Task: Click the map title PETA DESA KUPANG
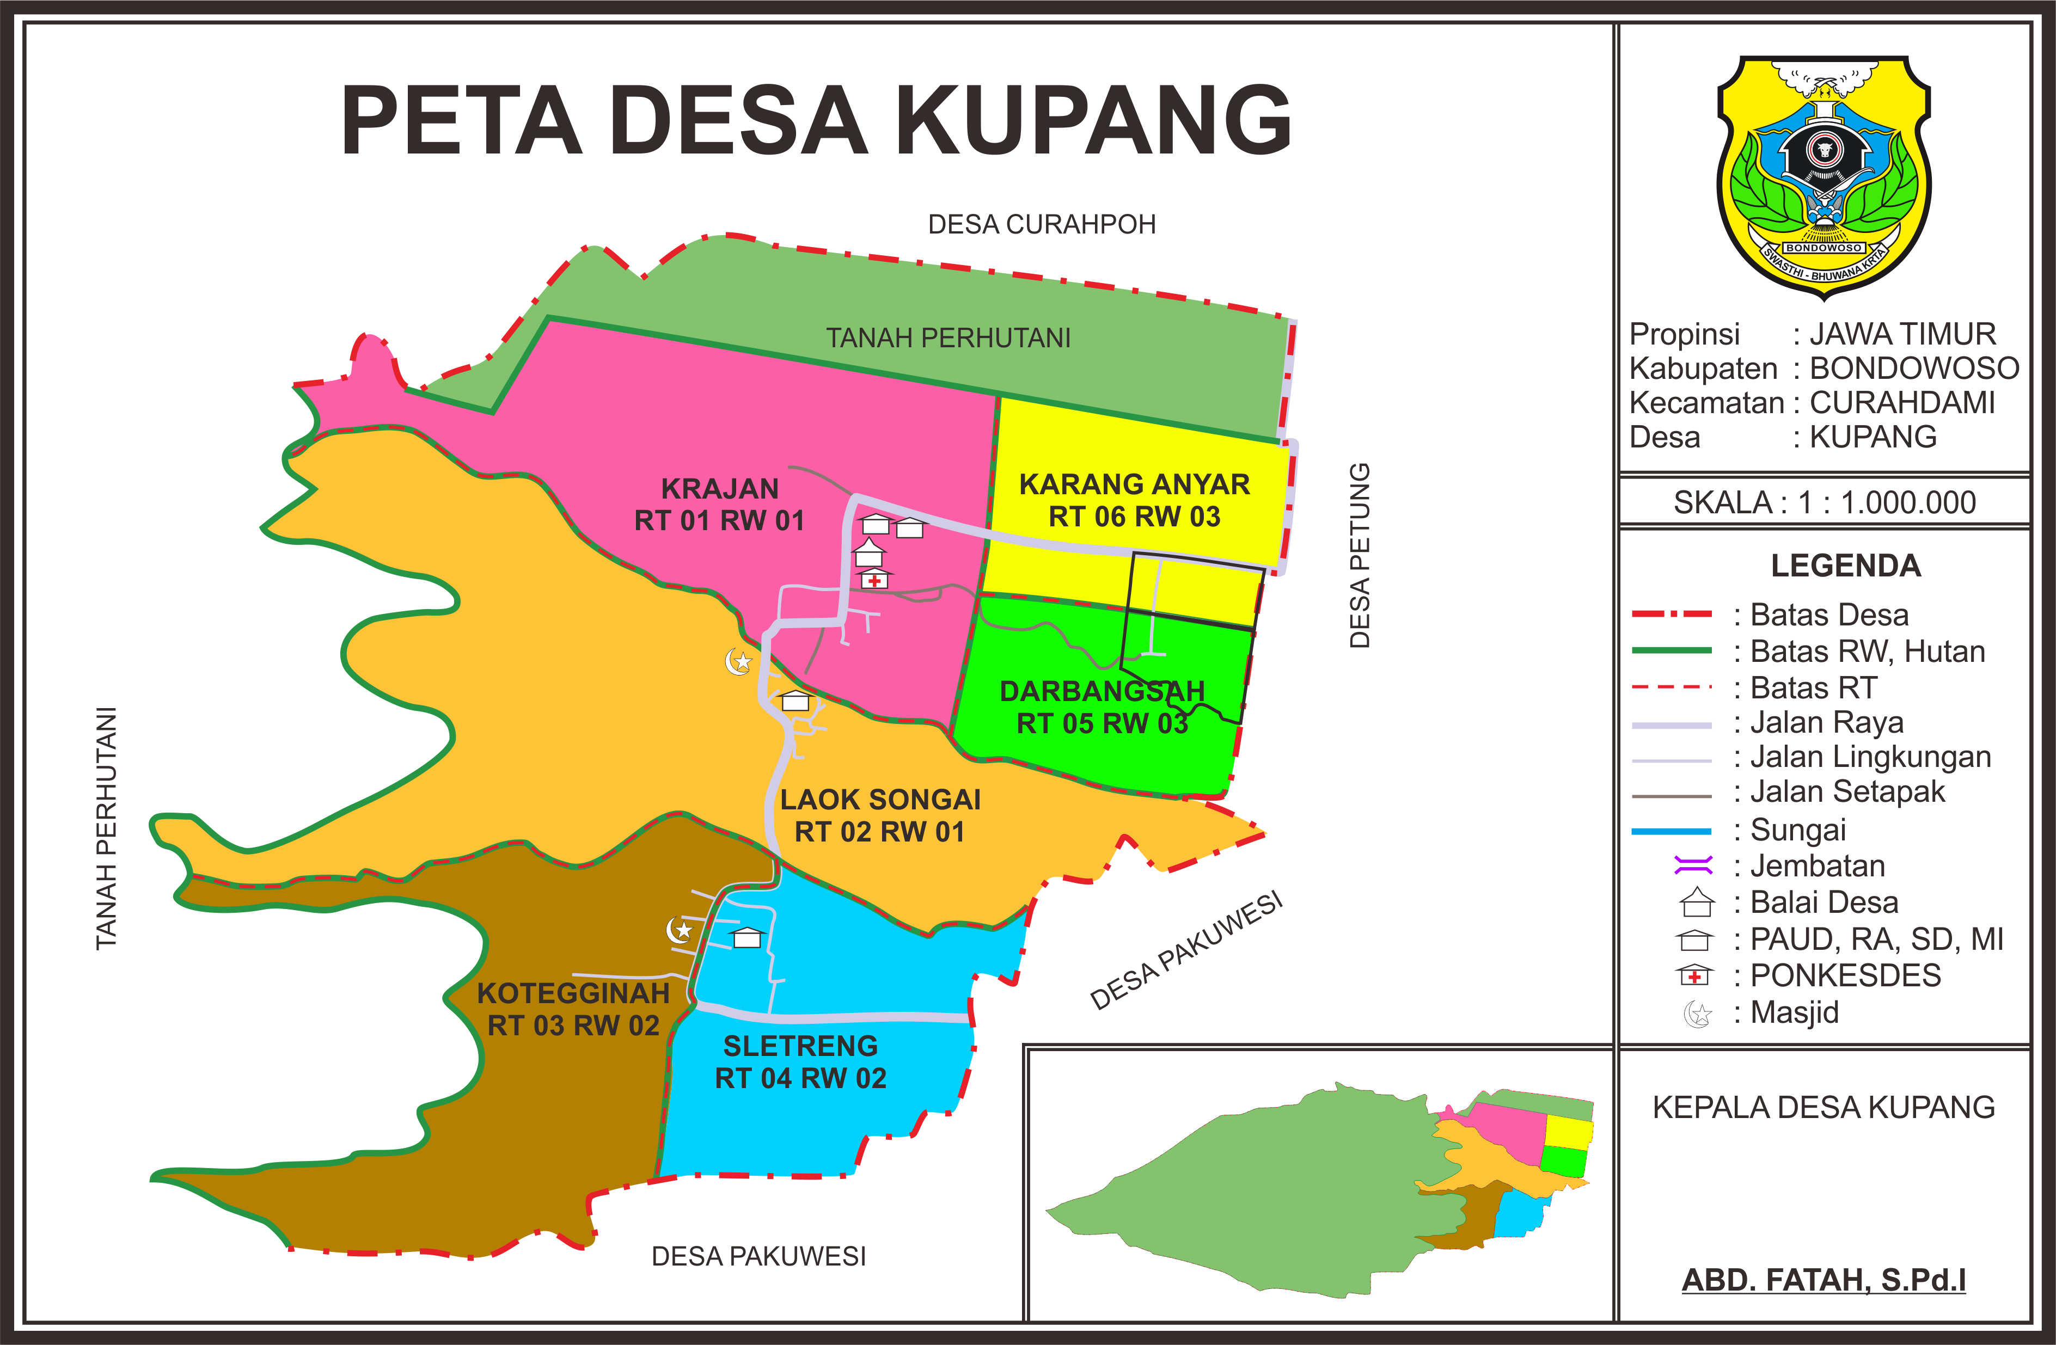tap(816, 120)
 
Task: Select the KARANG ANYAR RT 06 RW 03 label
tap(1134, 500)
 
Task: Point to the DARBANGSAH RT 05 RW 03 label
tap(1102, 707)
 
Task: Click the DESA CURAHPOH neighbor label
tap(1041, 225)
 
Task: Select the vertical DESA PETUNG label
tap(1359, 555)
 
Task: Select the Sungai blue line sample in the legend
tap(1670, 831)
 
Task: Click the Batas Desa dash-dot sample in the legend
tap(1670, 614)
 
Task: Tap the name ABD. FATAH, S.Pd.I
tap(1823, 1279)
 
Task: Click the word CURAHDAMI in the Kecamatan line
tap(1901, 403)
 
